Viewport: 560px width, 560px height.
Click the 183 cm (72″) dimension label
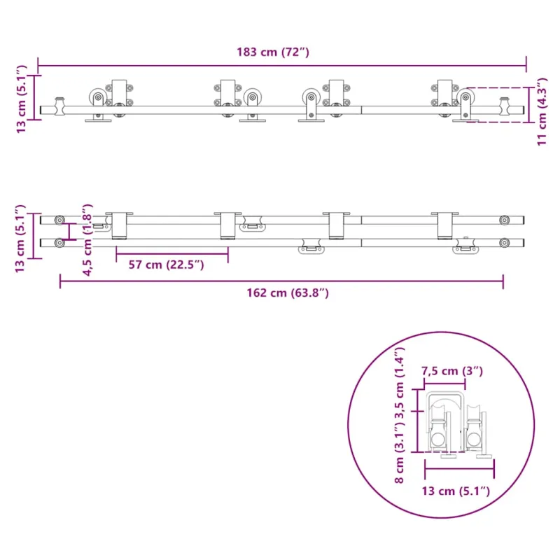273,52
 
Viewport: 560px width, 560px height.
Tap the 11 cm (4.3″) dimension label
542,111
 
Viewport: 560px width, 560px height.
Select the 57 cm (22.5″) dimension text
166,265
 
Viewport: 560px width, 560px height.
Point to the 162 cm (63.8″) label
288,293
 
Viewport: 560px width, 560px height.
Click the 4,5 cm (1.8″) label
87,239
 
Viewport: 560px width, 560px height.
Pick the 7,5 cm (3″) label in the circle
451,371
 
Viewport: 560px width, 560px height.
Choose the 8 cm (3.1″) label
399,452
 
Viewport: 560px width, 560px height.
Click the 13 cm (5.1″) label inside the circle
456,491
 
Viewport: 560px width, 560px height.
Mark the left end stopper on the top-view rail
59,106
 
